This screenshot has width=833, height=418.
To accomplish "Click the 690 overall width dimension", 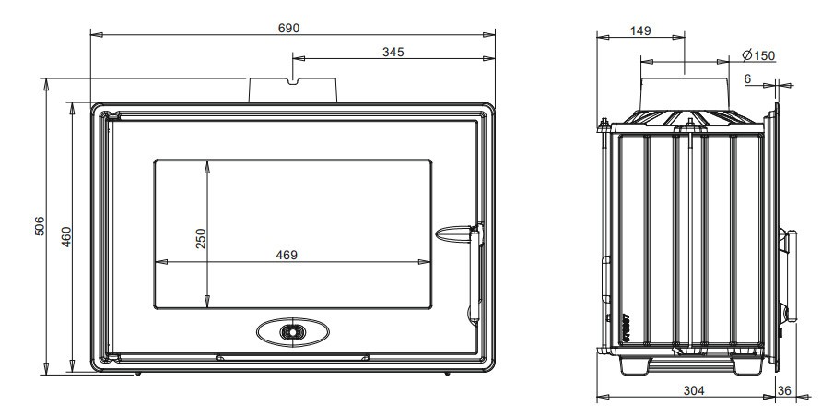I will [x=288, y=29].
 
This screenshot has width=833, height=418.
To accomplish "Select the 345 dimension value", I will [x=393, y=53].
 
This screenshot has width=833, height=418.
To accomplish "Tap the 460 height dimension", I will [x=66, y=239].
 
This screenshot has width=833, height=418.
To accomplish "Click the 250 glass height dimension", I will [x=201, y=238].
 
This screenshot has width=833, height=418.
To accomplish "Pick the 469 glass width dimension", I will [x=287, y=256].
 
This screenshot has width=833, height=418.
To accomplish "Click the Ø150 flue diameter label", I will [x=758, y=55].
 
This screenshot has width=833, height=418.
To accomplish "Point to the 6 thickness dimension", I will [x=747, y=79].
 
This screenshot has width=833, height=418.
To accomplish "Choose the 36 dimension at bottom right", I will [x=784, y=391].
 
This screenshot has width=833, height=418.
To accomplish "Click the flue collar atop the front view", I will [x=293, y=90].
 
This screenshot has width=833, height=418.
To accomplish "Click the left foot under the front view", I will [x=138, y=374].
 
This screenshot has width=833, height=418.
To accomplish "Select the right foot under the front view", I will [x=447, y=374].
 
